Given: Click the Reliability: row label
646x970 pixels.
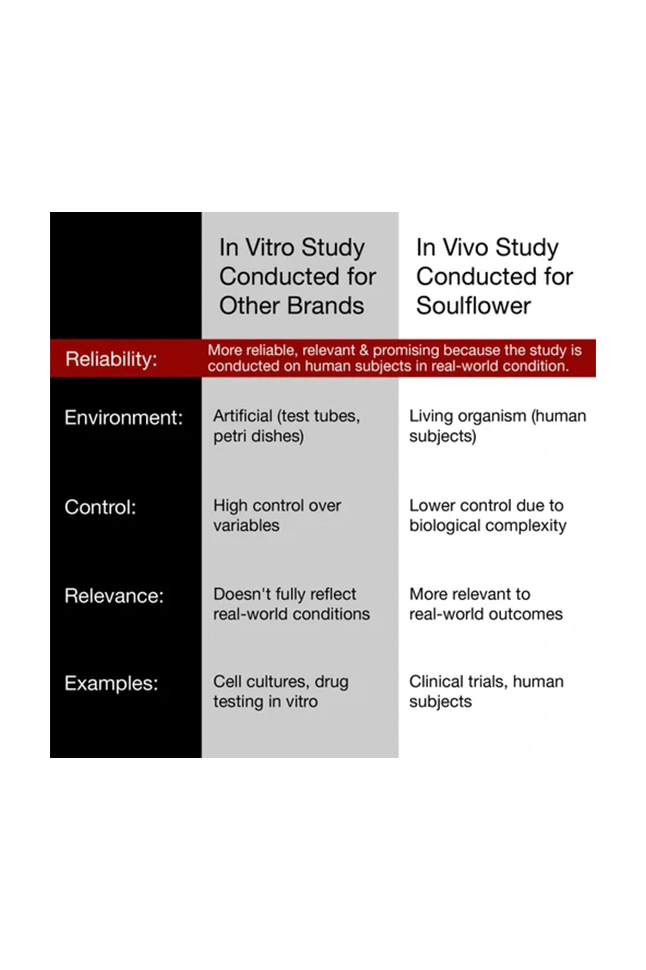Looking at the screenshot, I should pos(111,359).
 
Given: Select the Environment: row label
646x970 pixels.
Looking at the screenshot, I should pos(124,418).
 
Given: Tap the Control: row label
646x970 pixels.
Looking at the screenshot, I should pos(100,507).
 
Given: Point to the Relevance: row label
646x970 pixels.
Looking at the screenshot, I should pos(114,596).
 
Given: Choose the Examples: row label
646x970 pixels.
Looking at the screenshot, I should pos(111,684).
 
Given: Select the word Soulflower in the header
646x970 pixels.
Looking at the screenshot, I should pos(474,306).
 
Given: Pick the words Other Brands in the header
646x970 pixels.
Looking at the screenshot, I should pos(291,306).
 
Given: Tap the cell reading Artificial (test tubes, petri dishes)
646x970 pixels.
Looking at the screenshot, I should pos(286,426).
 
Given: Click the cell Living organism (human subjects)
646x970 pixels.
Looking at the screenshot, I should pos(497,426).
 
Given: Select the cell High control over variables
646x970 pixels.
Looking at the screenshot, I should pos(277,515).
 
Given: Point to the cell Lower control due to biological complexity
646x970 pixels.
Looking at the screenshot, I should pos(487,515).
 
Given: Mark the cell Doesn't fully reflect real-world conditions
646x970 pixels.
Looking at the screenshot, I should pos(291,604).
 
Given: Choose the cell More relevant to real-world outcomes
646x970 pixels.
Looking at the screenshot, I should pos(486,604).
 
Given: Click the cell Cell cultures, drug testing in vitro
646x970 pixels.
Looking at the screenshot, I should pos(281,692).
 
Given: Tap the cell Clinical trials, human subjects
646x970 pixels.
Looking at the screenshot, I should pos(486,692).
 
